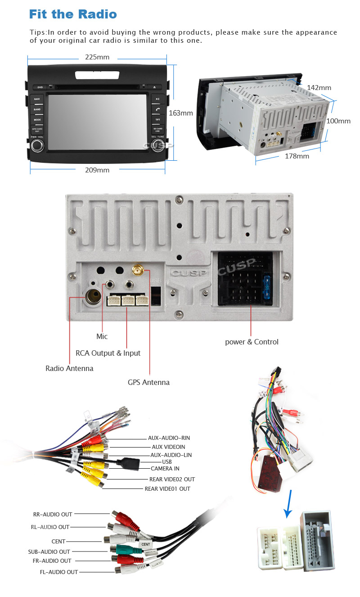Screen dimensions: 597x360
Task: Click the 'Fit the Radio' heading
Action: tap(73, 14)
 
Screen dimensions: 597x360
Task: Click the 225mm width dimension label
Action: tap(97, 57)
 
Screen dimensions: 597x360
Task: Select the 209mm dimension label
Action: tap(97, 170)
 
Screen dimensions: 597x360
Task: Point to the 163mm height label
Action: tap(180, 113)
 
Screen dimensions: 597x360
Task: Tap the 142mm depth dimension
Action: tap(319, 88)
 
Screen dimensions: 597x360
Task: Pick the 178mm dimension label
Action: tap(297, 156)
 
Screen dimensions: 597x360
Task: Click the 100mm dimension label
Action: tap(338, 121)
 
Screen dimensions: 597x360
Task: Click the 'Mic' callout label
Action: tap(102, 336)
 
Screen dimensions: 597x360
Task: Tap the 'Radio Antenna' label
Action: tap(69, 368)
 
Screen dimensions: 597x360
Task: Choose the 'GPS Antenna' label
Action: tap(148, 382)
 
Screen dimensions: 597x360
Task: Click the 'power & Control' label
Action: tap(252, 342)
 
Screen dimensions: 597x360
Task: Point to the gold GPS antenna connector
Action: tap(137, 271)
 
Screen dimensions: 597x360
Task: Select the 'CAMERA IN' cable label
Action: tap(165, 469)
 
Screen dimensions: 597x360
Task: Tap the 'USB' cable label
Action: tap(167, 461)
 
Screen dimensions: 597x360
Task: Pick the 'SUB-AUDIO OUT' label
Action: tap(49, 552)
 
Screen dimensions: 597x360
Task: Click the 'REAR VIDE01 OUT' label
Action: tap(167, 488)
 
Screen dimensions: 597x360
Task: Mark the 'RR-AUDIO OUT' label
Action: tap(53, 514)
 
